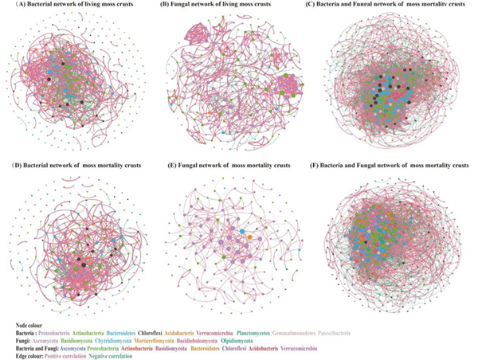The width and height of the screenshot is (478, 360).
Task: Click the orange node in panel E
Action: tap(250, 237)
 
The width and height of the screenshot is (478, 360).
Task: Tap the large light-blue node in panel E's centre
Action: tap(242, 231)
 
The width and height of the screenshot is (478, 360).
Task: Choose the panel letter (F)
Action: tap(330, 165)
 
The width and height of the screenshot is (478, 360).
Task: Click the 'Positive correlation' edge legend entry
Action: tap(76, 355)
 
